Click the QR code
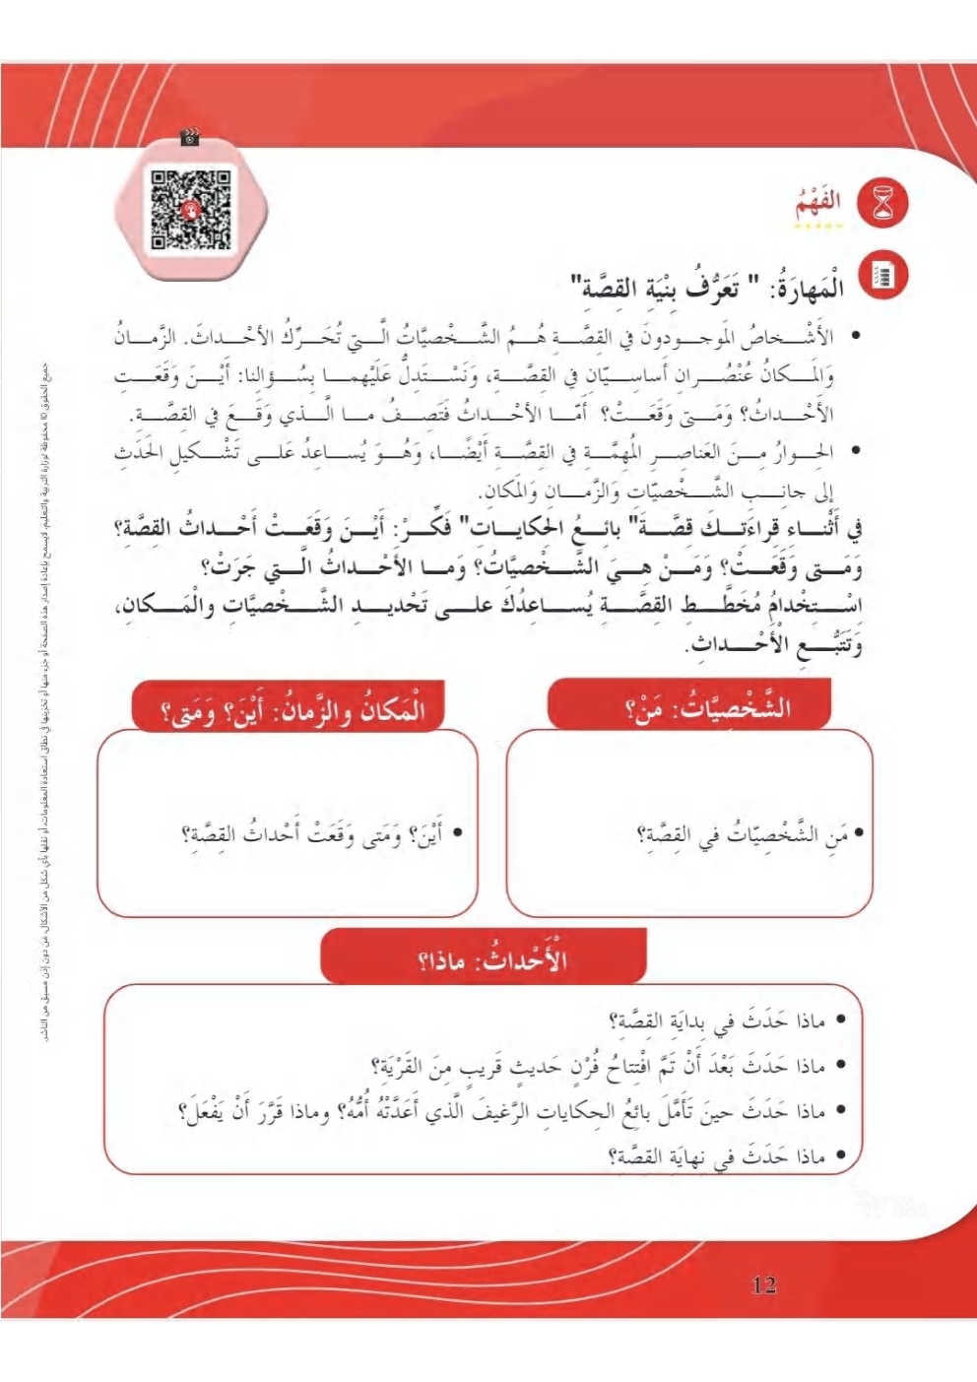coord(191,209)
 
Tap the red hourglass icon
coord(883,204)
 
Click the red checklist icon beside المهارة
coord(883,277)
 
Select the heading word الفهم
coord(818,202)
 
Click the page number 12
coord(763,1284)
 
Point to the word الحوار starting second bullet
coord(811,452)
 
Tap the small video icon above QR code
coord(190,139)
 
